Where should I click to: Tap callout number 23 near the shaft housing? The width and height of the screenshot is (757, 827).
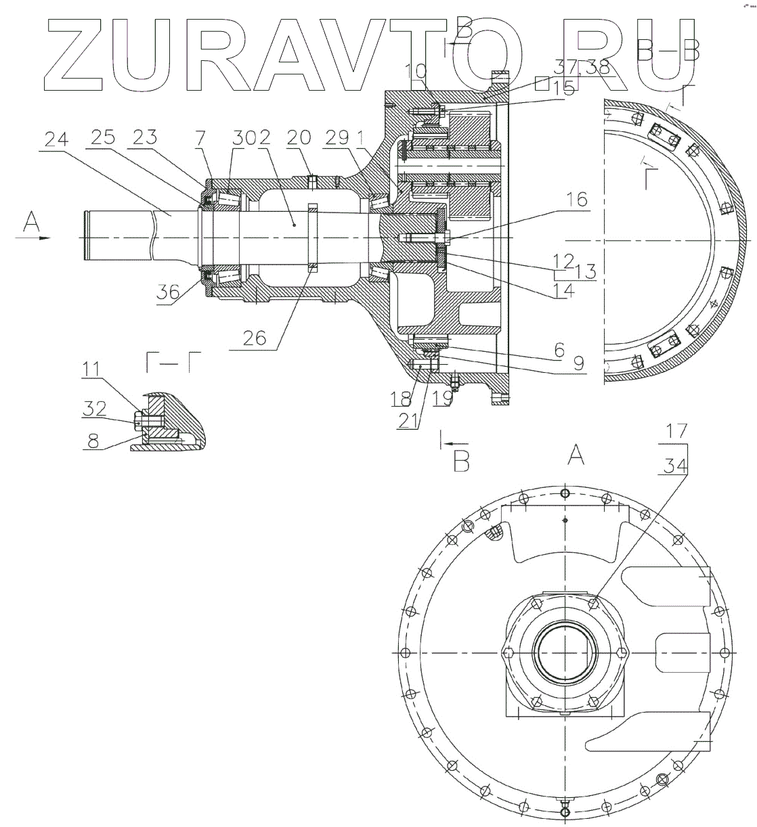145,138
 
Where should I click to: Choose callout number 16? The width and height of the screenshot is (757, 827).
576,200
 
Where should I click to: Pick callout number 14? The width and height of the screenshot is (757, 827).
564,290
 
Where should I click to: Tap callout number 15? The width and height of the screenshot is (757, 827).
564,89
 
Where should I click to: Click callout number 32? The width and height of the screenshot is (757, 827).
94,409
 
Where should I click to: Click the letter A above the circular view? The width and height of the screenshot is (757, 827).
575,458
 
